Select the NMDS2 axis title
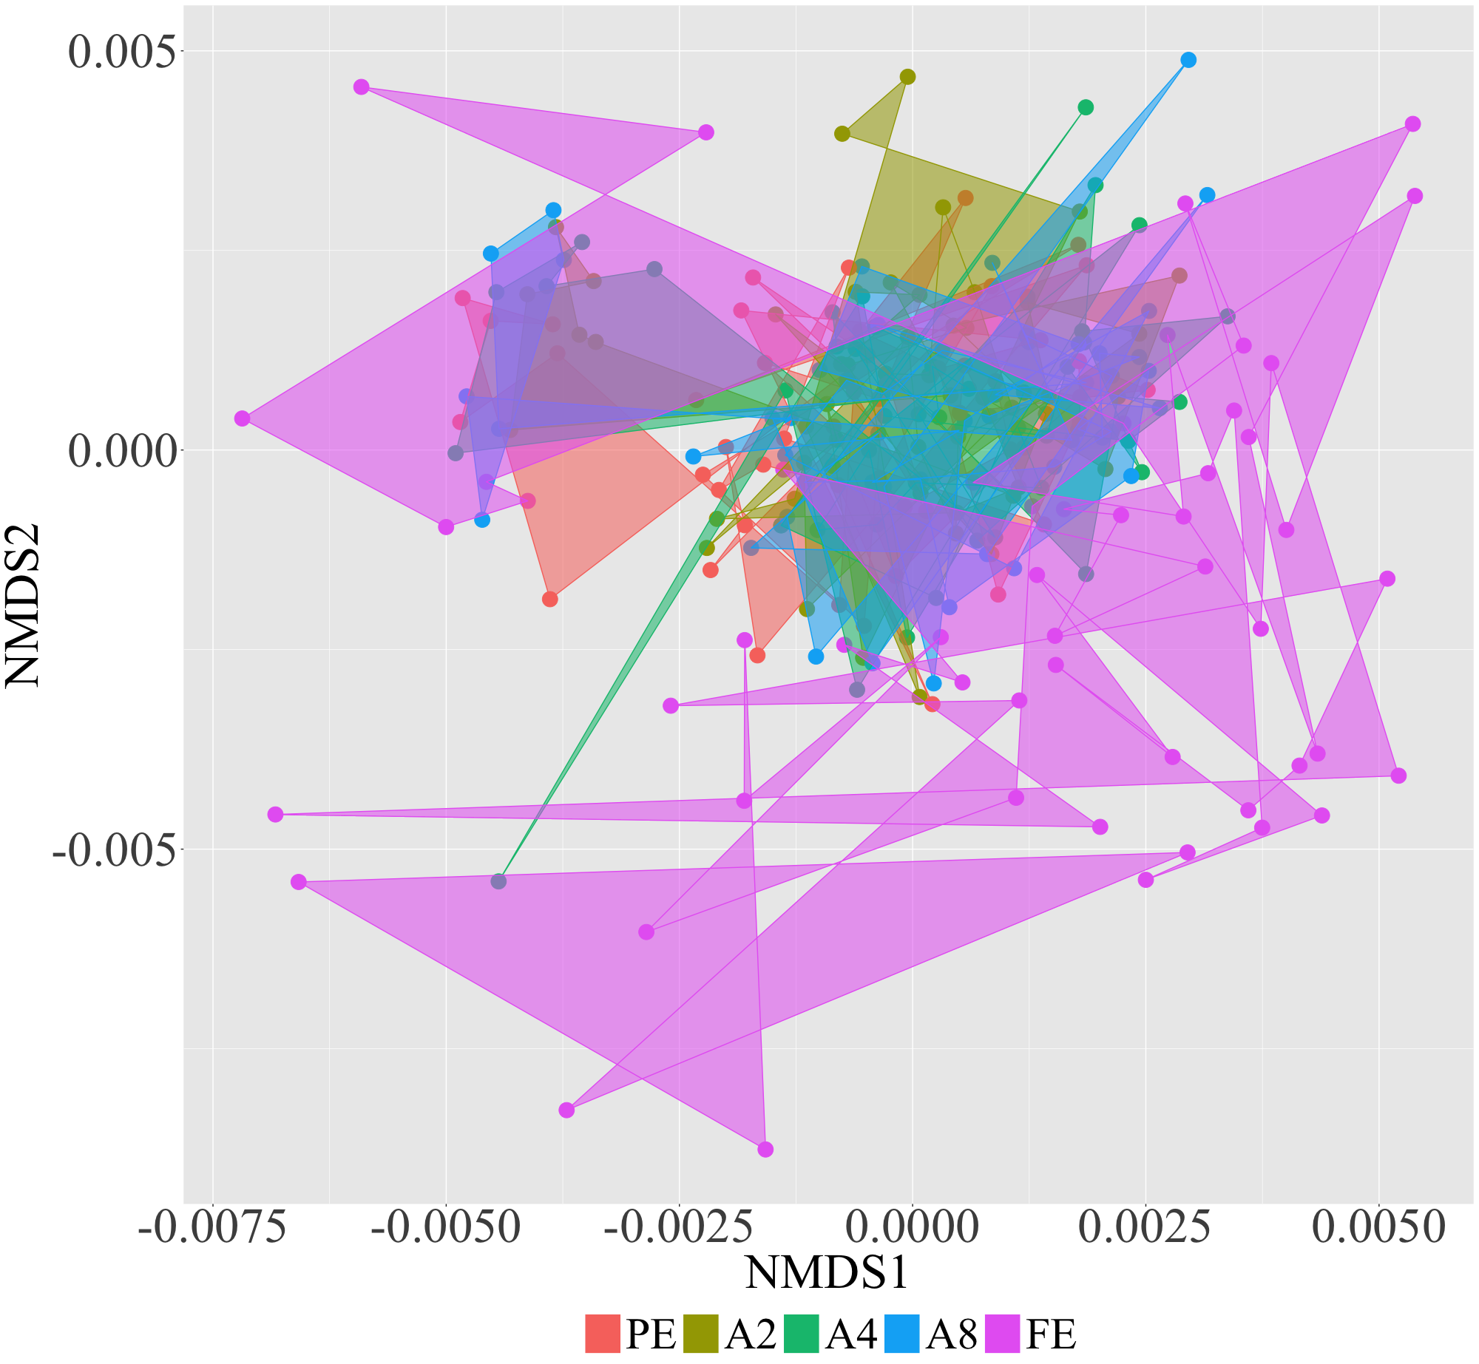click(x=24, y=606)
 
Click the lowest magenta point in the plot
click(x=765, y=1150)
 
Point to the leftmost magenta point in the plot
click(x=242, y=418)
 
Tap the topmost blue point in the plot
click(x=1188, y=60)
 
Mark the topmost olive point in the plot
click(x=907, y=77)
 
